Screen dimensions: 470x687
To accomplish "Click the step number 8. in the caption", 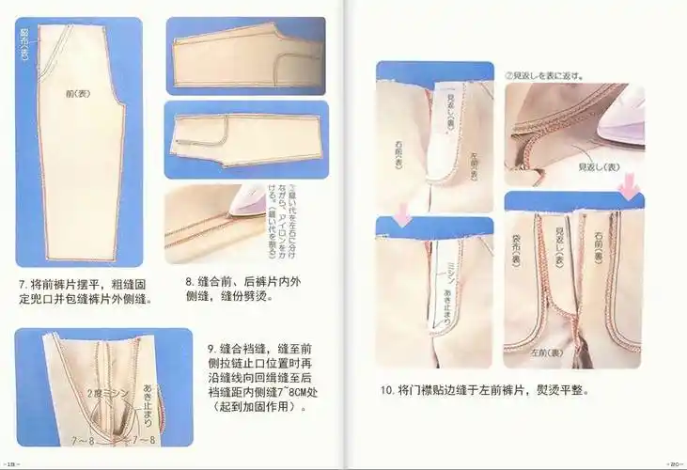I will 189,281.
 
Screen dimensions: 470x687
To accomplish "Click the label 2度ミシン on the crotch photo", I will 99,390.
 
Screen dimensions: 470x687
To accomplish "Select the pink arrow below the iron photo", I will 629,191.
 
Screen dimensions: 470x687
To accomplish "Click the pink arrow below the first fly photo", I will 401,218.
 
